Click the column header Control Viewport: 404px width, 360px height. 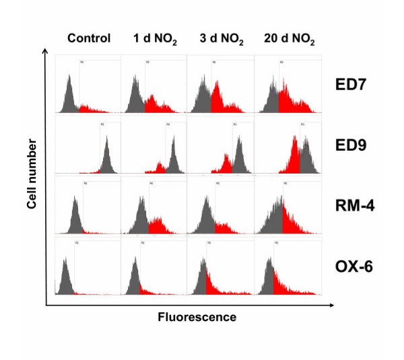[x=88, y=38]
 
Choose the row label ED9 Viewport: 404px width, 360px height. [x=349, y=144]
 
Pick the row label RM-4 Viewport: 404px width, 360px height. [x=353, y=206]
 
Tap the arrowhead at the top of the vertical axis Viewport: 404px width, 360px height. [x=46, y=52]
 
